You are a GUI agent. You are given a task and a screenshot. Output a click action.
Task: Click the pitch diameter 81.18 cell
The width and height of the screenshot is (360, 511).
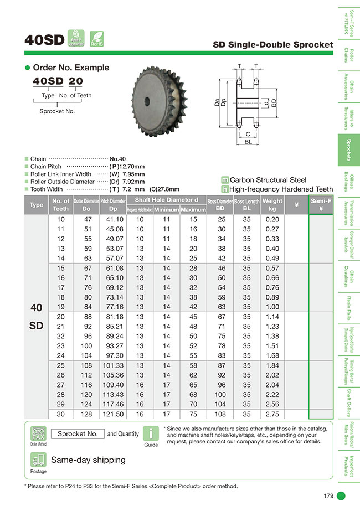116,317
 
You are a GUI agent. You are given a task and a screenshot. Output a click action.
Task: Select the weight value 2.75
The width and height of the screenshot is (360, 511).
272,414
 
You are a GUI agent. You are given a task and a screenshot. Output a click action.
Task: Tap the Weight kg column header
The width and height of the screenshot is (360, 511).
272,205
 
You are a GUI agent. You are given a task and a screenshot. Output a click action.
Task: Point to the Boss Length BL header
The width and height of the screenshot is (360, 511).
246,205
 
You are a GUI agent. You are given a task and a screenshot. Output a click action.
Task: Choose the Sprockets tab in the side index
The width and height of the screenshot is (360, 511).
348,150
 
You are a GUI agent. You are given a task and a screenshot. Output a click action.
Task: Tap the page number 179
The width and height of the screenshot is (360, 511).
327,495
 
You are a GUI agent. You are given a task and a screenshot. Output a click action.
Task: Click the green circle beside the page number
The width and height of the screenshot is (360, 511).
342,495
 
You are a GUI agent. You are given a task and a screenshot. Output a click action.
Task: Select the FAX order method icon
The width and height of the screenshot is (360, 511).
38,433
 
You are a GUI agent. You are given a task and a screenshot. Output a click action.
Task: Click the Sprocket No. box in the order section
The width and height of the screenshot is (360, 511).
78,433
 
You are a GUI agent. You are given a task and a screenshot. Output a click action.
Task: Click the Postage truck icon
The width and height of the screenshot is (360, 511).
38,460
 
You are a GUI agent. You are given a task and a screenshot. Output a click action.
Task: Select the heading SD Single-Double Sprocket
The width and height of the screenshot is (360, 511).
273,44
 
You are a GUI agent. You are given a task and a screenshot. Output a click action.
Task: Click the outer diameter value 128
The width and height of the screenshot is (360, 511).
85,414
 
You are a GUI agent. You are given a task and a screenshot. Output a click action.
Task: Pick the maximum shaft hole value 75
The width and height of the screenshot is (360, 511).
193,414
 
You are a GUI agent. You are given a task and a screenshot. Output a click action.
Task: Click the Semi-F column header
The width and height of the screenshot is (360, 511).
321,205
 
